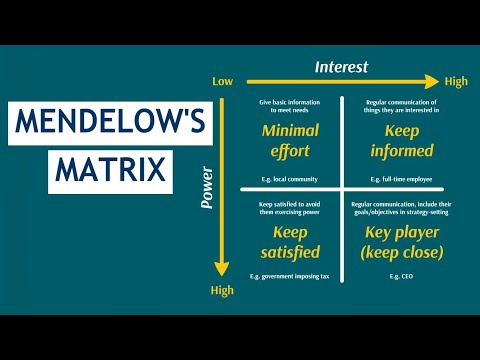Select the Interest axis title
coord(341,67)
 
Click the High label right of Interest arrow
coord(455,82)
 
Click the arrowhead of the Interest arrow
coord(433,82)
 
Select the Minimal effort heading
coord(289,141)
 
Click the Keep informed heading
coord(394,141)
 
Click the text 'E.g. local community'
coord(289,177)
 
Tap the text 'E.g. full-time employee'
coord(394,177)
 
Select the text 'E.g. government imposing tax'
coord(289,274)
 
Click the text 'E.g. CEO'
coord(394,274)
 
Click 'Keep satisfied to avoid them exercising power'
coord(289,207)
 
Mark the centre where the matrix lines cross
coord(341,189)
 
